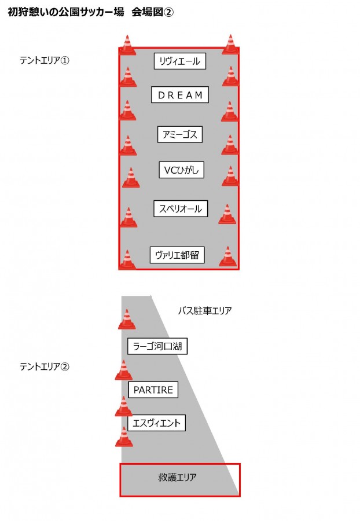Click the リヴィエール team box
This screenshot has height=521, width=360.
pos(179,61)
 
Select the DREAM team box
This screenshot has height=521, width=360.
pos(179,95)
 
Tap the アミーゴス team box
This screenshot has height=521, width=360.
pos(179,134)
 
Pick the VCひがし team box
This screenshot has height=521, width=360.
pos(181,170)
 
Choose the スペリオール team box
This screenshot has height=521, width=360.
pos(181,208)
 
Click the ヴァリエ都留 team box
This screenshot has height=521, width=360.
pos(177,255)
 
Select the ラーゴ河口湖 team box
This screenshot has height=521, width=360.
pos(157,346)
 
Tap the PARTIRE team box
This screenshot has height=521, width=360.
pos(153,390)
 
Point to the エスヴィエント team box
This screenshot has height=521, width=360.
pos(156,423)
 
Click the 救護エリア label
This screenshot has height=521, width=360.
pos(177,478)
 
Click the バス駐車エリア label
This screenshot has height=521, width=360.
pos(205,311)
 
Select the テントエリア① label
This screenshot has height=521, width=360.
pos(45,60)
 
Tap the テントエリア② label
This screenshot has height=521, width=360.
pos(45,366)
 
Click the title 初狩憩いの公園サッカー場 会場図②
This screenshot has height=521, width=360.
pos(90,12)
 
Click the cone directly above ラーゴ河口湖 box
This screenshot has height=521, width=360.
pos(127,319)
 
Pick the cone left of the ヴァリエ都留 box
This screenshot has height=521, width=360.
pos(127,259)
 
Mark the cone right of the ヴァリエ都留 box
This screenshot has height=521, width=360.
pos(228,256)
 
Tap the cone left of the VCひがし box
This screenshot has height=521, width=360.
pos(131,178)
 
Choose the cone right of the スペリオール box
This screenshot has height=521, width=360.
pos(227,214)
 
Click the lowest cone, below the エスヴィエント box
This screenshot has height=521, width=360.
pos(124,436)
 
